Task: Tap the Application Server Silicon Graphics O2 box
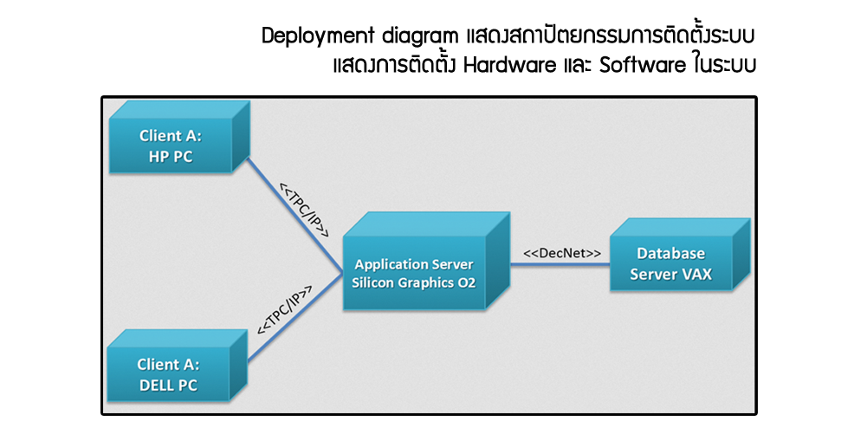(x=414, y=273)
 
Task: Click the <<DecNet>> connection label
(x=562, y=253)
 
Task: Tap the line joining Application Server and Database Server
(x=559, y=265)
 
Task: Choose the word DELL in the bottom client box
(x=158, y=385)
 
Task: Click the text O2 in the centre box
(x=466, y=282)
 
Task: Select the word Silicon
(x=375, y=282)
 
